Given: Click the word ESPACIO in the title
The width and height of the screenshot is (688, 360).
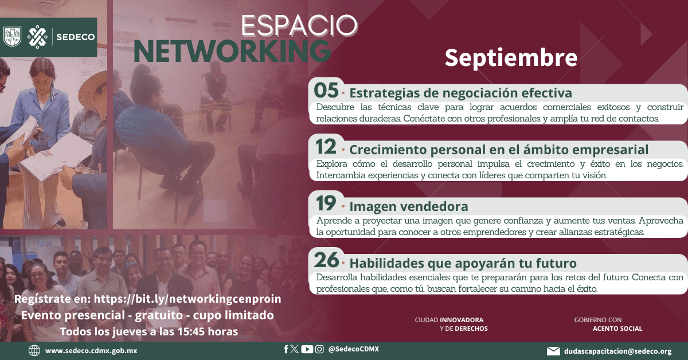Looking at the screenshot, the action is (299, 25).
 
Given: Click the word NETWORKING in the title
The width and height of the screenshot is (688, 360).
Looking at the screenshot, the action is (232, 51).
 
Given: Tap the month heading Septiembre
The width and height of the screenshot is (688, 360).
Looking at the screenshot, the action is (511, 58).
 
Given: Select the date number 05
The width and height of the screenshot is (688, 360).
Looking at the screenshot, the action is (326, 91).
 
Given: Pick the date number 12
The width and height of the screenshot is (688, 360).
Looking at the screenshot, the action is (326, 147).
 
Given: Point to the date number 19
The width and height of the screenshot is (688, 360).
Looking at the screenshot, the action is (326, 204).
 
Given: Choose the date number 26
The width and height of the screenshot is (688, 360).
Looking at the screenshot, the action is (326, 260).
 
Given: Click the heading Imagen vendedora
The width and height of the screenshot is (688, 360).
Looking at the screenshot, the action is (409, 206).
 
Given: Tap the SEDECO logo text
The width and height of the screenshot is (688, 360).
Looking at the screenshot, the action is (76, 37).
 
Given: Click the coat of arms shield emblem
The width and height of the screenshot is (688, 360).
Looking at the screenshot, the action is (12, 37).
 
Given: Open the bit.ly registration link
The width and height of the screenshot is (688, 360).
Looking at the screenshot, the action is (187, 299).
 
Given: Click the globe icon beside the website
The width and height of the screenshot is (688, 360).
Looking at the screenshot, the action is (34, 350).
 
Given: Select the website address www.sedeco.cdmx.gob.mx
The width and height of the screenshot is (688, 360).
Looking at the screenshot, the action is (91, 351).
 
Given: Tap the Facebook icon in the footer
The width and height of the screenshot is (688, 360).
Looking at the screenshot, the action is (286, 349).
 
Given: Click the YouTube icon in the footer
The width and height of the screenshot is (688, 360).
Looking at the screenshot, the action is (307, 349).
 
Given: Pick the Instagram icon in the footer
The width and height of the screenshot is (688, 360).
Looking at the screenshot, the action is (319, 349).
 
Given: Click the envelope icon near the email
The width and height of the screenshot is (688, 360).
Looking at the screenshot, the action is (553, 351).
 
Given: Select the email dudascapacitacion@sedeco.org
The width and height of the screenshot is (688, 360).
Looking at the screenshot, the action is (618, 351).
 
